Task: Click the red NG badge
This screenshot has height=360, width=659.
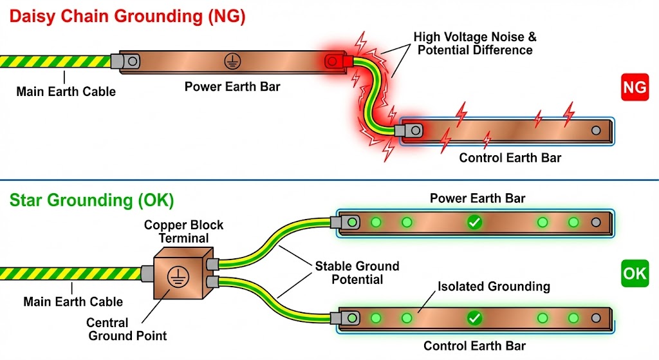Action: (634, 88)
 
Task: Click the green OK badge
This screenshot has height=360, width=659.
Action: (634, 273)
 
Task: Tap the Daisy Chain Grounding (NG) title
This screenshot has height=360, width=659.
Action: (127, 17)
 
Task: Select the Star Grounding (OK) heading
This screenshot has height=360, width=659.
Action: (91, 200)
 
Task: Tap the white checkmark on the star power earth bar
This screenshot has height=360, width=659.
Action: (474, 223)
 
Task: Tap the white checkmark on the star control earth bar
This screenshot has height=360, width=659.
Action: (474, 318)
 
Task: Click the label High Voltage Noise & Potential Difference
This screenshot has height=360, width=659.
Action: (475, 44)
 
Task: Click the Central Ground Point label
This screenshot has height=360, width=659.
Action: (127, 328)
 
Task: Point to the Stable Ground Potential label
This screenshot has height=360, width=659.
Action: (357, 272)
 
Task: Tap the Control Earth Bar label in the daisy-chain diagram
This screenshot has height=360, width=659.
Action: (510, 158)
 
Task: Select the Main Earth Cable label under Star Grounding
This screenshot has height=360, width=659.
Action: (73, 301)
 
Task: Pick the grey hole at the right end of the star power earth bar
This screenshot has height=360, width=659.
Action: (596, 223)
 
